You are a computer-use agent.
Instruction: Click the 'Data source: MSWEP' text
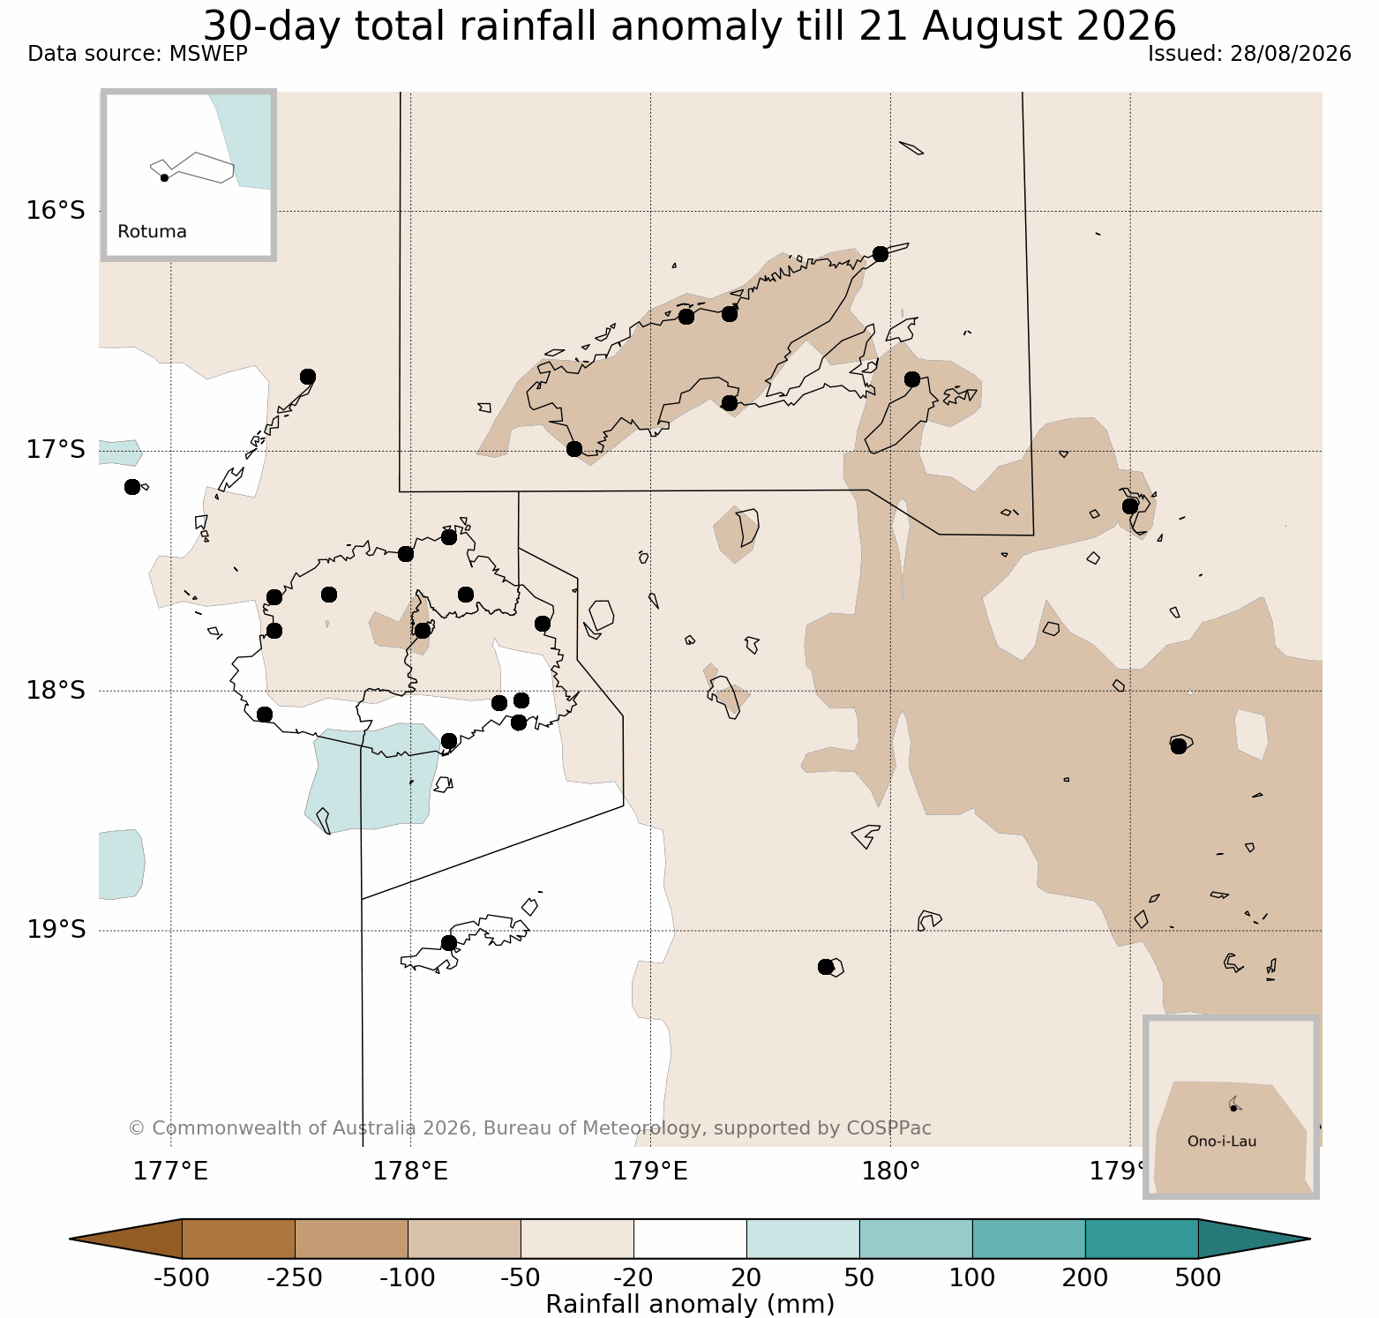pyautogui.click(x=138, y=54)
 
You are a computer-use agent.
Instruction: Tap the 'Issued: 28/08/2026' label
pyautogui.click(x=1249, y=54)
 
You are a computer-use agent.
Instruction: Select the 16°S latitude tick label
pyautogui.click(x=56, y=211)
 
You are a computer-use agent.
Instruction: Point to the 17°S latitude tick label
pyautogui.click(x=56, y=450)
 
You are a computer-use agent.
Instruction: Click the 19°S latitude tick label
pyautogui.click(x=56, y=930)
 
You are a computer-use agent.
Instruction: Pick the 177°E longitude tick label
pyautogui.click(x=171, y=1172)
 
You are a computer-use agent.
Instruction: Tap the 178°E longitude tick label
pyautogui.click(x=411, y=1172)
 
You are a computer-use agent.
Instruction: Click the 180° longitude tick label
pyautogui.click(x=891, y=1172)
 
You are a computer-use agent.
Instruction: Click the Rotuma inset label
pyautogui.click(x=152, y=232)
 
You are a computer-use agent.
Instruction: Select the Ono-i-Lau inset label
pyautogui.click(x=1222, y=1142)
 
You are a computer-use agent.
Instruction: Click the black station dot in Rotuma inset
pyautogui.click(x=164, y=177)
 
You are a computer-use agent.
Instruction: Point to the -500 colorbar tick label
pyautogui.click(x=182, y=1277)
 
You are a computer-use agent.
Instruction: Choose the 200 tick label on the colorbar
pyautogui.click(x=1085, y=1277)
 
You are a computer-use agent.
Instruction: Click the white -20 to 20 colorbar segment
pyautogui.click(x=690, y=1239)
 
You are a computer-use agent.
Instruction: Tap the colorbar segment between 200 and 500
pyautogui.click(x=1142, y=1239)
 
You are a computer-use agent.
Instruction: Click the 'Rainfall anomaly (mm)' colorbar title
pyautogui.click(x=690, y=1304)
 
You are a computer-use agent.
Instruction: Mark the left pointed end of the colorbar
pyautogui.click(x=71, y=1239)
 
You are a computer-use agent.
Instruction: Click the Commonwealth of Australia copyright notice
pyautogui.click(x=529, y=1128)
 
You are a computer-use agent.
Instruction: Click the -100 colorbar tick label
pyautogui.click(x=408, y=1277)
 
